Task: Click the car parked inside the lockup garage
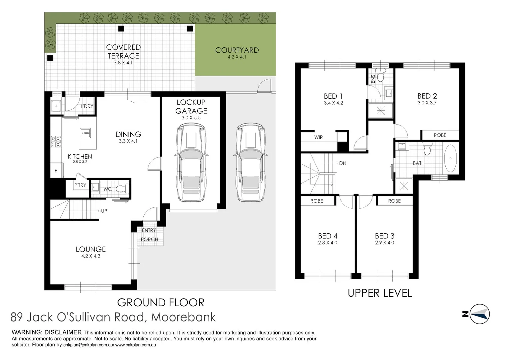191,162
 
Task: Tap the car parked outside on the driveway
251,162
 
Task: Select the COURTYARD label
237,50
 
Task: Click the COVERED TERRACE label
123,52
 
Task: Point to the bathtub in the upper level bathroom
450,158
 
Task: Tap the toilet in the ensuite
380,76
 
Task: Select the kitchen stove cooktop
56,141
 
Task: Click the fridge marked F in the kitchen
56,171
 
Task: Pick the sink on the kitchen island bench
85,133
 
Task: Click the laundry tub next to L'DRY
56,106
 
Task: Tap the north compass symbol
479,314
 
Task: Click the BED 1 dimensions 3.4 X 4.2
333,103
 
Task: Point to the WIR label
318,137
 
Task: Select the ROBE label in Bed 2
440,135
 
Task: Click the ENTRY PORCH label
149,235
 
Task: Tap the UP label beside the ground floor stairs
104,211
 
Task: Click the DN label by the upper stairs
343,163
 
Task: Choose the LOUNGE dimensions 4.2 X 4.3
91,256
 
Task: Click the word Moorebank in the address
183,317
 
